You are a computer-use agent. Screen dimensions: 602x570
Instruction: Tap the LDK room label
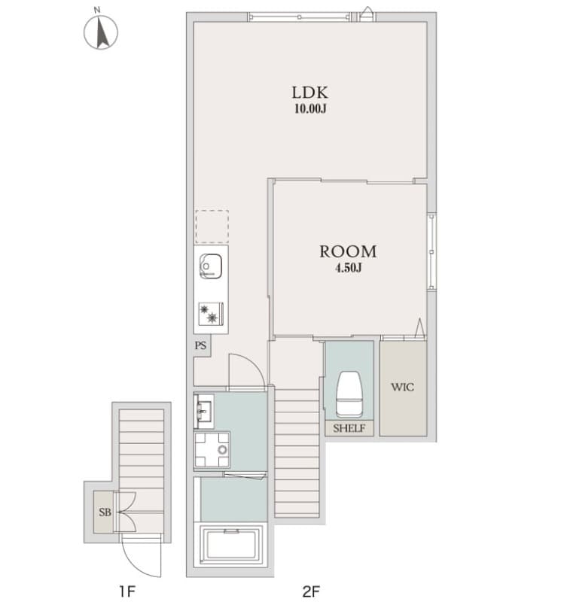pyautogui.click(x=309, y=93)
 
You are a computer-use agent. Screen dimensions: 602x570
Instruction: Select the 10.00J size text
pyautogui.click(x=309, y=109)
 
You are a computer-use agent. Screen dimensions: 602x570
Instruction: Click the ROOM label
pyautogui.click(x=348, y=252)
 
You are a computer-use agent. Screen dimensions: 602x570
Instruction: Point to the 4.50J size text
pyautogui.click(x=348, y=269)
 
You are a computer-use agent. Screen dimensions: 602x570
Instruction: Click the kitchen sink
pyautogui.click(x=210, y=266)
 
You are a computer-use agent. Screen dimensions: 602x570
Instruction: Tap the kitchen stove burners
pyautogui.click(x=210, y=313)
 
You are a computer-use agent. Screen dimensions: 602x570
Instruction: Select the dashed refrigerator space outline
pyautogui.click(x=211, y=227)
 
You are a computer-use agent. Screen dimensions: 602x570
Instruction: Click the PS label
pyautogui.click(x=200, y=346)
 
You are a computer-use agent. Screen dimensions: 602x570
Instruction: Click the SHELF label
pyautogui.click(x=349, y=428)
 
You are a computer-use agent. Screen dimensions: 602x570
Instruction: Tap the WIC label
pyautogui.click(x=402, y=388)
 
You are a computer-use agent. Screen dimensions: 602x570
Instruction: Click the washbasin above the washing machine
pyautogui.click(x=204, y=410)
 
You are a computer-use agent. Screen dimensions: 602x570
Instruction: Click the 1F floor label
pyautogui.click(x=125, y=591)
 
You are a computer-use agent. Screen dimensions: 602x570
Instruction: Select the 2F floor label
pyautogui.click(x=310, y=591)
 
